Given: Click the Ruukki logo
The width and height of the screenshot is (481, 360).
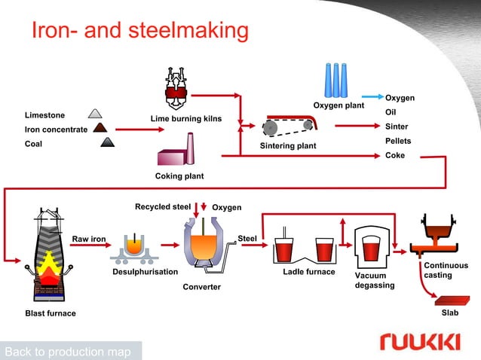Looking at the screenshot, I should [420, 343].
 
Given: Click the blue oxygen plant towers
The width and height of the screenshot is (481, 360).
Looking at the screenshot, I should [337, 78].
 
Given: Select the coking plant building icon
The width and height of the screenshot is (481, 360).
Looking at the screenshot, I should [178, 151].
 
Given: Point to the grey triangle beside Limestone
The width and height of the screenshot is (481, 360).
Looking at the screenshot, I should [96, 114].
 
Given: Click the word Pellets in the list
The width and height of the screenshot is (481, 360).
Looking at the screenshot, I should [399, 141].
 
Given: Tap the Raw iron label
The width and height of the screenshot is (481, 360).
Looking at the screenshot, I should [88, 239].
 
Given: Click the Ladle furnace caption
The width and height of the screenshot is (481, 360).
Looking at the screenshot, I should [308, 272].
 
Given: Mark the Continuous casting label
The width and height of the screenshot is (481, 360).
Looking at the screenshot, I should [446, 270].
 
